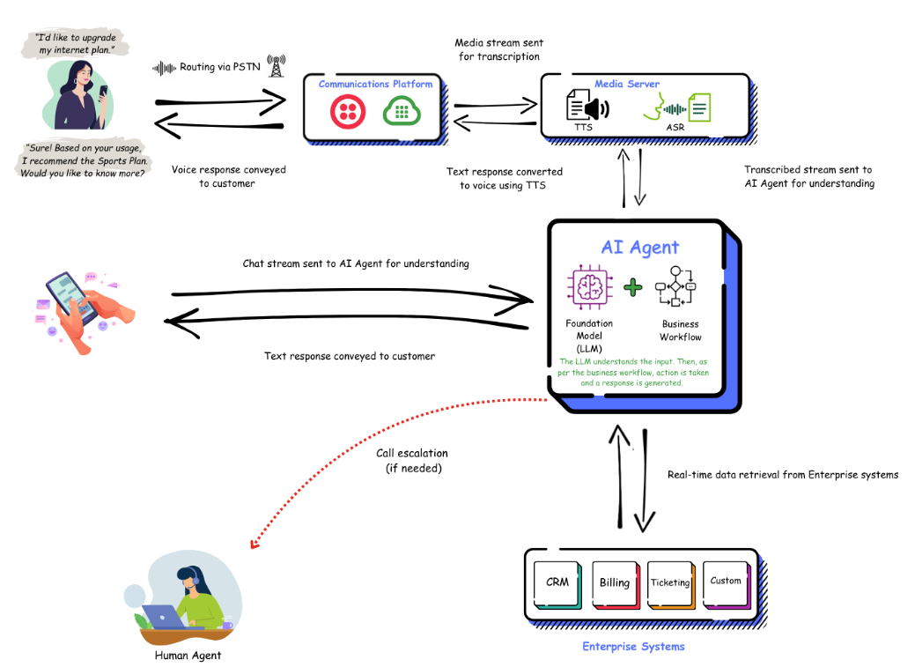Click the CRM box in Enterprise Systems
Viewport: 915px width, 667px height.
(x=557, y=582)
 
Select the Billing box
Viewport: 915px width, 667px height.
(x=614, y=582)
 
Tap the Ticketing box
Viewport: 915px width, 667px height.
(x=670, y=582)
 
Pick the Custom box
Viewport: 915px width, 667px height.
(x=726, y=581)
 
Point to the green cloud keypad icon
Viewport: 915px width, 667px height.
(x=400, y=112)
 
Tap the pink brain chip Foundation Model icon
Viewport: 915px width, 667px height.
(x=588, y=287)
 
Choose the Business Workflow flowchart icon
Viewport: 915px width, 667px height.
(x=681, y=286)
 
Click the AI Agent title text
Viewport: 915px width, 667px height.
(x=640, y=248)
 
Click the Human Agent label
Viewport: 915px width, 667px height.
(x=188, y=656)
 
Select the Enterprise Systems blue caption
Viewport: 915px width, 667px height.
(x=633, y=647)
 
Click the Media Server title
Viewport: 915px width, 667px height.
(x=627, y=85)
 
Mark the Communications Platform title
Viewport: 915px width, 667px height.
(x=375, y=85)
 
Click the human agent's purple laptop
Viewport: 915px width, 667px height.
(x=164, y=616)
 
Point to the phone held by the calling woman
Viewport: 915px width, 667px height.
(x=103, y=91)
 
